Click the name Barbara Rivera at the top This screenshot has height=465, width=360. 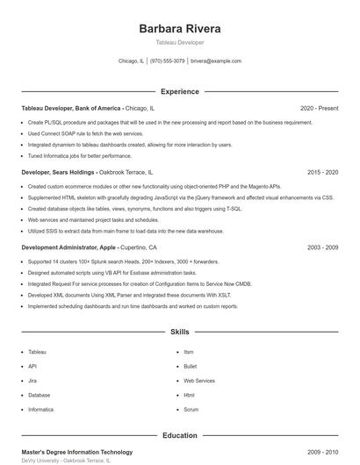180,28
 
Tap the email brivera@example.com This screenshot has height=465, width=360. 215,61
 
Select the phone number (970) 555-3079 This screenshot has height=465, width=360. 167,61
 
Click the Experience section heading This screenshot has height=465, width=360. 180,91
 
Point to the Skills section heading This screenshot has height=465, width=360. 180,333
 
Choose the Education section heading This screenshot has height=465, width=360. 180,435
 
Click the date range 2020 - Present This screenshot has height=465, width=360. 319,108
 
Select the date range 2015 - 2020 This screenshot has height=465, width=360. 322,173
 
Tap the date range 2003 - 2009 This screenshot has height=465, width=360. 322,247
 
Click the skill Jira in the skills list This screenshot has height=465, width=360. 32,381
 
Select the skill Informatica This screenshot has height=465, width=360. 40,410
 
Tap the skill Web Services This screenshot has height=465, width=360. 199,381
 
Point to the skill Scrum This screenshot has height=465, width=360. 191,410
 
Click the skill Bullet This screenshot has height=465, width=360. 191,366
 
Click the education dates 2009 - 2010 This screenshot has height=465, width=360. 322,451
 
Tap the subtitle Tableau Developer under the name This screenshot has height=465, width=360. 180,42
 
